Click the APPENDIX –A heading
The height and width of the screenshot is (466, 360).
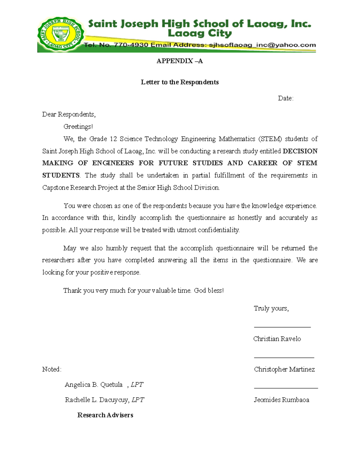coord(179,61)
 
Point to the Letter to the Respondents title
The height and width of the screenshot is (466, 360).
coord(180,82)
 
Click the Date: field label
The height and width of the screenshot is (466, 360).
coord(285,98)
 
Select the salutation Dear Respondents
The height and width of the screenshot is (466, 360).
coord(69,114)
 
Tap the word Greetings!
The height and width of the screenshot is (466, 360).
coord(78,127)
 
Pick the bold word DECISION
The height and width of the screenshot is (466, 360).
coord(300,151)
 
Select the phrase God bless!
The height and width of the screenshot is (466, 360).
coord(209,290)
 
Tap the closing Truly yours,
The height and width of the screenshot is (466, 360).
coord(271,308)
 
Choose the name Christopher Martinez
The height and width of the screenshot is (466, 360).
coord(284,369)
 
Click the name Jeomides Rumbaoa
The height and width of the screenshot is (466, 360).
coord(281,400)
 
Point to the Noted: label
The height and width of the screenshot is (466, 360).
coord(52,369)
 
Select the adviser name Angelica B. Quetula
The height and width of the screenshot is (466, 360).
coord(94,385)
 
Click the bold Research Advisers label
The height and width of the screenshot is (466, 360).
coord(105,415)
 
